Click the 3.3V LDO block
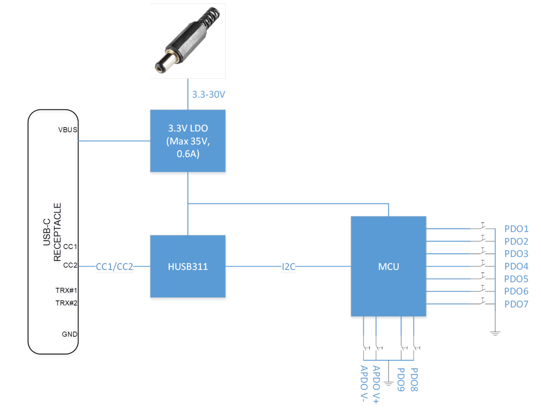[187, 141]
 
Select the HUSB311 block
[187, 266]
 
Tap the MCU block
[388, 266]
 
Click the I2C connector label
[289, 267]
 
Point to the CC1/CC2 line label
[114, 267]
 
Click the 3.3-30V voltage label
[208, 95]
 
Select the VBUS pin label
[67, 130]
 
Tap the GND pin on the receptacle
[69, 334]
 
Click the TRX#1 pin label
[66, 290]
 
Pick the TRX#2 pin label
[66, 303]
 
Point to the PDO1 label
[516, 229]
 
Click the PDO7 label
[516, 304]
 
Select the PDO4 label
[516, 267]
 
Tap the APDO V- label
[364, 384]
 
